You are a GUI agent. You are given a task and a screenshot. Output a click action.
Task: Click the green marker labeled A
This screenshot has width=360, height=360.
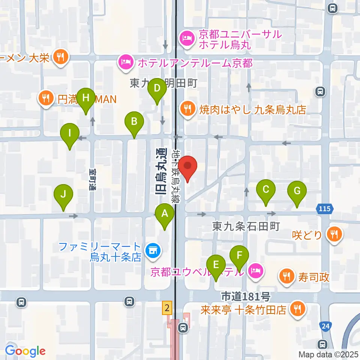tap(164, 214)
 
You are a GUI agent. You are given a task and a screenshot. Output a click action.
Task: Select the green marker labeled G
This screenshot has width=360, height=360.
tap(297, 191)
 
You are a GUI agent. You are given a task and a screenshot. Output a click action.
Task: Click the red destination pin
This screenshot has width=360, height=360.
tap(187, 166)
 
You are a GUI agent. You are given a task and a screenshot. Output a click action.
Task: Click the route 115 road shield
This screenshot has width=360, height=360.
tap(325, 208)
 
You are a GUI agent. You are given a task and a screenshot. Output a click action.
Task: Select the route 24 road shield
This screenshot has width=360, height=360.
tap(325, 326)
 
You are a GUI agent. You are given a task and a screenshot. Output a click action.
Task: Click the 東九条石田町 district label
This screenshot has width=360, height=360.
tap(246, 226)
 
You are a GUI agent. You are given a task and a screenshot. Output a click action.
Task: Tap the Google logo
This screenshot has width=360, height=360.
tap(25, 351)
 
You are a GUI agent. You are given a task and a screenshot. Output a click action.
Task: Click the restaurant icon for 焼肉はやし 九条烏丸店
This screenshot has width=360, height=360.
tap(187, 109)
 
